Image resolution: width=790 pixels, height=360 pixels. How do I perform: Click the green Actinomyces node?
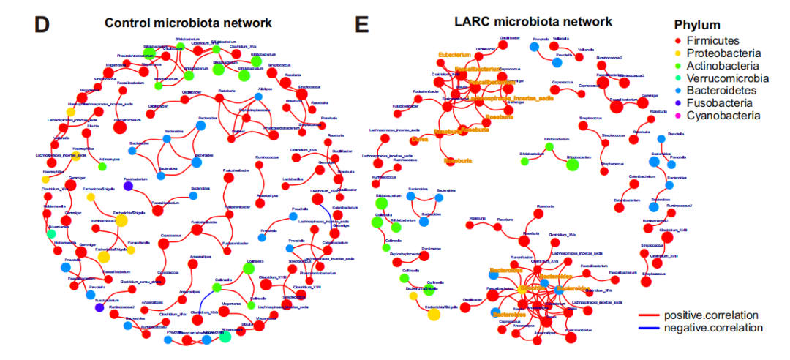[x=103, y=167]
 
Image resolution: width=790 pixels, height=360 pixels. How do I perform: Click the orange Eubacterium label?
[x=454, y=55]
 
